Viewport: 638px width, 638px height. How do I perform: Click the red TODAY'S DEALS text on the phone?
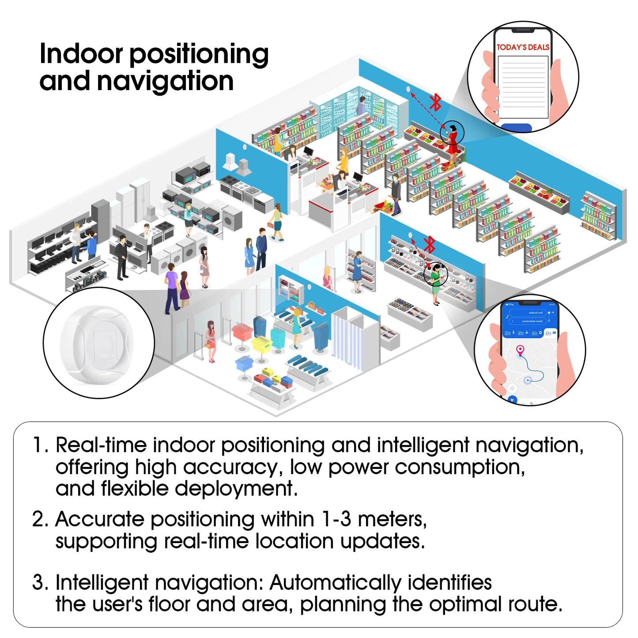click(x=523, y=47)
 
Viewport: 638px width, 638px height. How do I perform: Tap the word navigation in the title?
click(x=165, y=82)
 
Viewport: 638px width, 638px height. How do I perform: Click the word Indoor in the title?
click(x=81, y=54)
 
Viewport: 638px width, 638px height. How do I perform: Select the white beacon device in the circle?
click(x=98, y=344)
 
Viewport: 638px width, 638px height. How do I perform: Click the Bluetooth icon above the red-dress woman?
click(x=436, y=102)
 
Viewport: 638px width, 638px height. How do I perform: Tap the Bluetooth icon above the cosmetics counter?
click(x=429, y=244)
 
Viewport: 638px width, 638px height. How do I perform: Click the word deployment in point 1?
click(x=235, y=489)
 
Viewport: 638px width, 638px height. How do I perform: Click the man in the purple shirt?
click(x=171, y=289)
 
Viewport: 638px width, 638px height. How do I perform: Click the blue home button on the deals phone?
click(x=517, y=128)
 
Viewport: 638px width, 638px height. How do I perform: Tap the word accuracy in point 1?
click(x=232, y=467)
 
